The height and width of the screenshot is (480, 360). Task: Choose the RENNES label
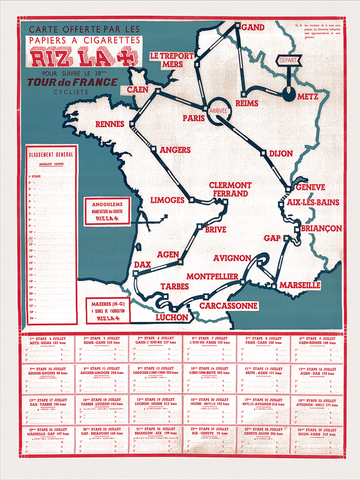[109, 125]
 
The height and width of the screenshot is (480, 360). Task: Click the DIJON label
[281, 153]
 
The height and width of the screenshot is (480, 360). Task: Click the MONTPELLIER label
[211, 276]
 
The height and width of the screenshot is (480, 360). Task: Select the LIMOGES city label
[167, 199]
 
